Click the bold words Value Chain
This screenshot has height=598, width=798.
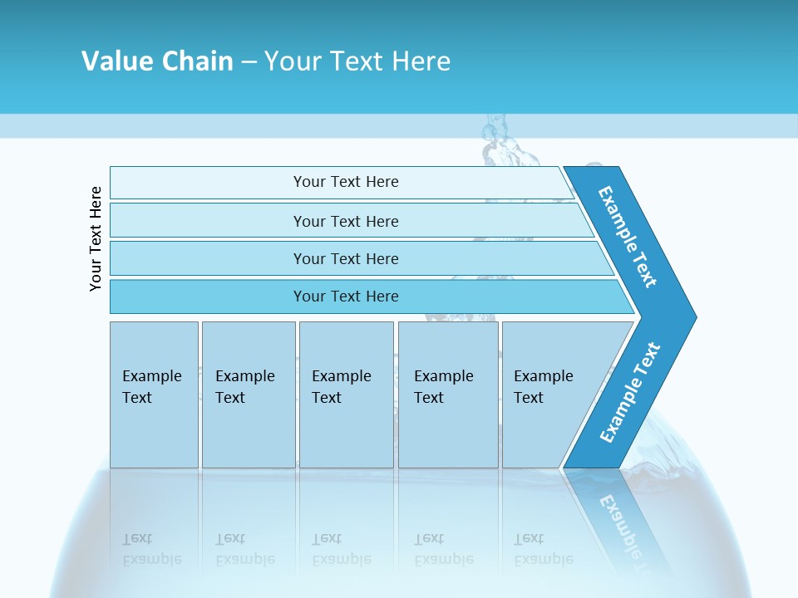[x=157, y=61]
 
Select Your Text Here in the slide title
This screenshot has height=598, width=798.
[x=357, y=61]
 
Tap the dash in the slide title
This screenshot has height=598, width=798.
[x=249, y=61]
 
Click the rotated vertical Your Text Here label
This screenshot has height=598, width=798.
[x=96, y=238]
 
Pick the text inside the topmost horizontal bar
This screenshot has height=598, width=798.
[x=346, y=182]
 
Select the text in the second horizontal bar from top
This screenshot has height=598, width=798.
[x=346, y=221]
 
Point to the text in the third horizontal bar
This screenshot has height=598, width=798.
[x=346, y=258]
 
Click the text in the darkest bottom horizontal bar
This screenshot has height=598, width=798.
[x=346, y=296]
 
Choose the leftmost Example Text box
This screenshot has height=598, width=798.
[x=153, y=387]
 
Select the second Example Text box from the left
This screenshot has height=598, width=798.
[x=247, y=387]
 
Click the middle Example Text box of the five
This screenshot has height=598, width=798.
[x=345, y=387]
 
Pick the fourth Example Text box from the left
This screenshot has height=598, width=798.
[x=447, y=387]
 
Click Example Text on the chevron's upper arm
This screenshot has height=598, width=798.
[x=628, y=237]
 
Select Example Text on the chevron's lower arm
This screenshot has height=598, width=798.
[x=629, y=393]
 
